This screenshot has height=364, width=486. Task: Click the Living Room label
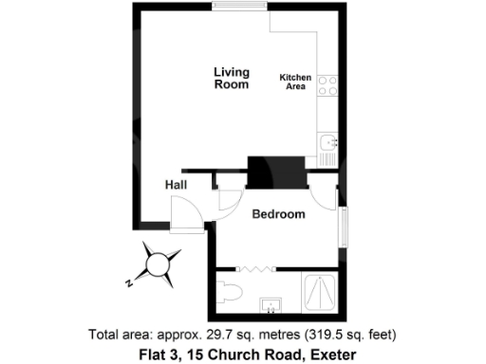[231, 78]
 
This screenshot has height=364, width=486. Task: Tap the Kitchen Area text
[294, 82]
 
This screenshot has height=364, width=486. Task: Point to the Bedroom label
[278, 214]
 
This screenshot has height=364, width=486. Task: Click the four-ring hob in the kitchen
[327, 87]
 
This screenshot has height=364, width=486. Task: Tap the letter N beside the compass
[128, 282]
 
